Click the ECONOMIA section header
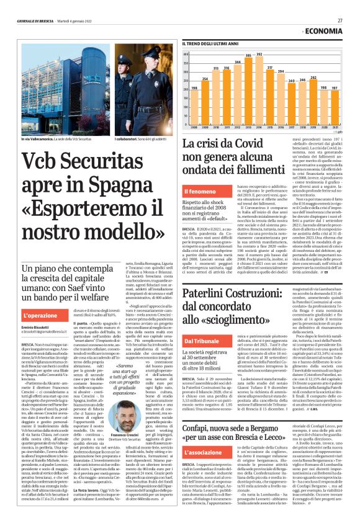(325, 30)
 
